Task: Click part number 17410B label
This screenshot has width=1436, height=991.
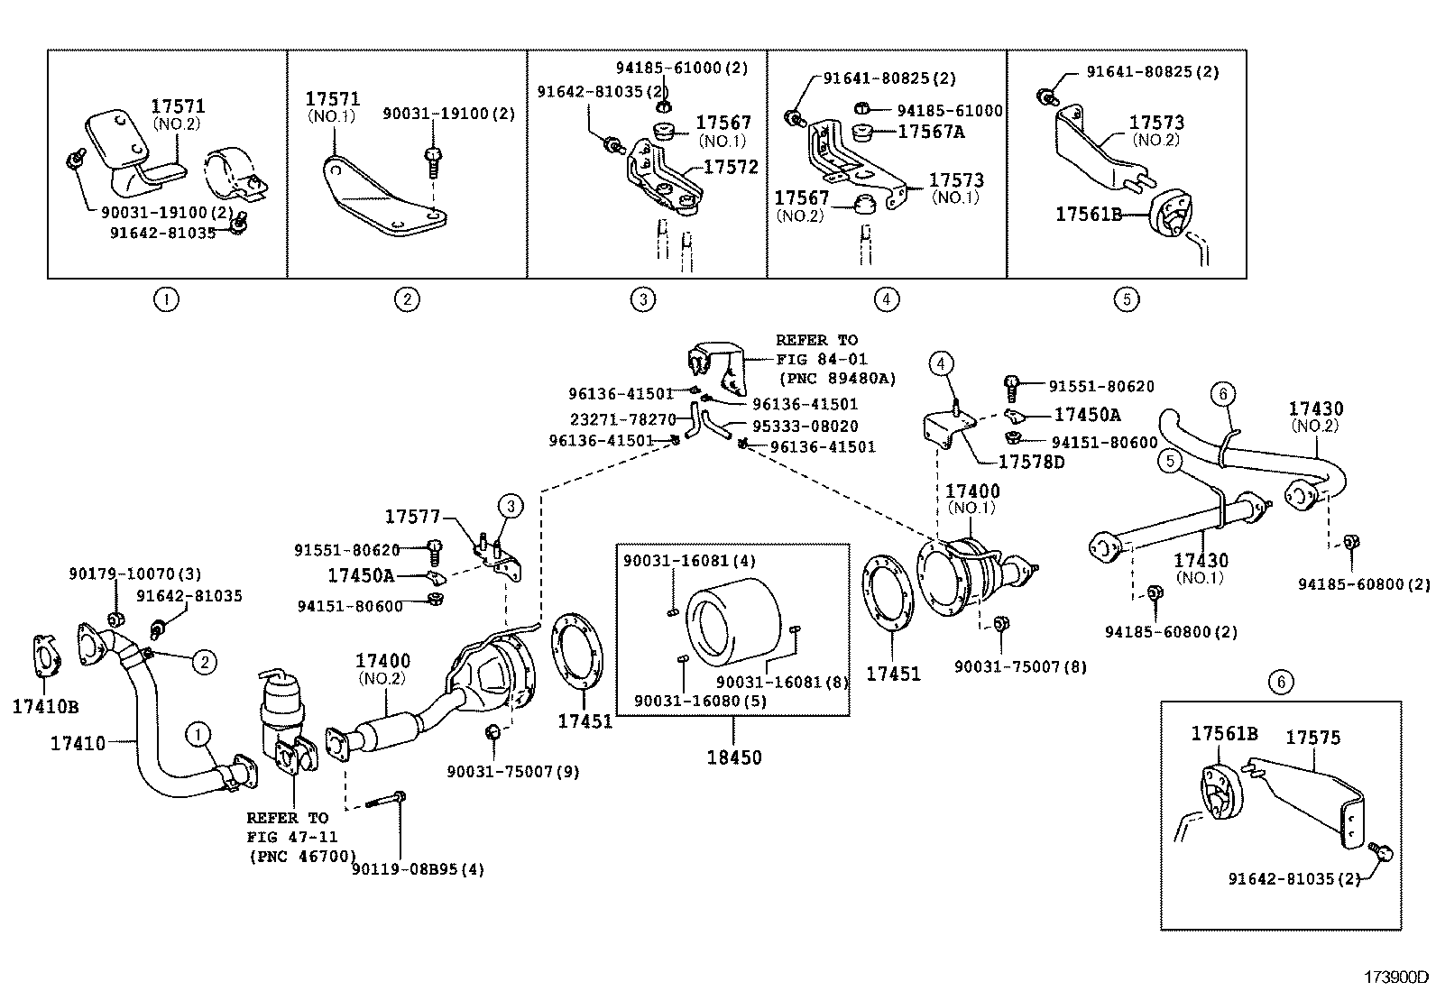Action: [x=45, y=707]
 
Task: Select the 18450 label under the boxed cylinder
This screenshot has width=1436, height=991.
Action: [x=733, y=757]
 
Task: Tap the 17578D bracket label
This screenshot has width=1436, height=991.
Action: [x=1031, y=463]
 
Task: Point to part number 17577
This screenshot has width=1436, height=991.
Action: [x=412, y=517]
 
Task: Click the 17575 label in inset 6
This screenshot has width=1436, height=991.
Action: [x=1312, y=738]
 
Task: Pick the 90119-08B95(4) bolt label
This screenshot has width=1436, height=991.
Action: [x=419, y=870]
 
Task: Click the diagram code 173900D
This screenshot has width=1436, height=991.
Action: [x=1395, y=977]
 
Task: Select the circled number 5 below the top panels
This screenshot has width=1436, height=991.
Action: [x=1127, y=299]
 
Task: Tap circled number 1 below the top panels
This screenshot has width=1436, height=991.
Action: [x=166, y=299]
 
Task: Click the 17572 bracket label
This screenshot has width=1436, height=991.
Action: [x=731, y=167]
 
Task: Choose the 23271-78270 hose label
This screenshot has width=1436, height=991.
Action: [x=622, y=420]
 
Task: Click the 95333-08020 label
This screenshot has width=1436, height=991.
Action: [x=805, y=427]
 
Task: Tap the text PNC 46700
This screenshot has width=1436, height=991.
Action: [x=302, y=857]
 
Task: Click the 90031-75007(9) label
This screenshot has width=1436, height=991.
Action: [x=513, y=771]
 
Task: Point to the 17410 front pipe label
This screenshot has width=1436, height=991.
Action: [x=78, y=744]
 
